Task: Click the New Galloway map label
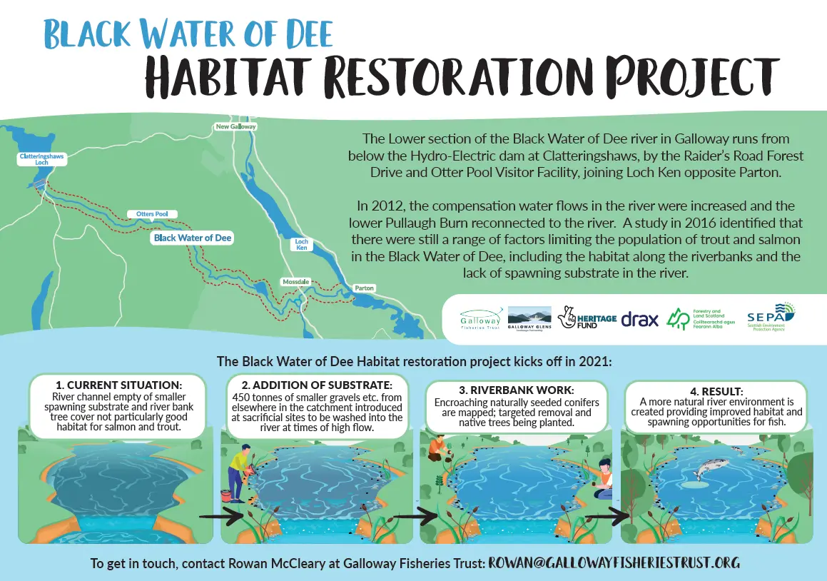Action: [235, 126]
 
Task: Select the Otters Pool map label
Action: [151, 214]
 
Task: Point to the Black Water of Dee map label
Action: [193, 238]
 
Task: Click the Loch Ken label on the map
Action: [302, 245]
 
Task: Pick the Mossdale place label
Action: [295, 282]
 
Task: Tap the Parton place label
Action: [364, 288]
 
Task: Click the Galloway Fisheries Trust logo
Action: [481, 316]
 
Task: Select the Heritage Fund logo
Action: [586, 318]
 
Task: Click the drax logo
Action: [639, 319]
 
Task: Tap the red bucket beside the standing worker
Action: [225, 495]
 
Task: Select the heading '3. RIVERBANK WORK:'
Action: [516, 390]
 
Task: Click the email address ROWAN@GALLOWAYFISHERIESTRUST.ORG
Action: [614, 563]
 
